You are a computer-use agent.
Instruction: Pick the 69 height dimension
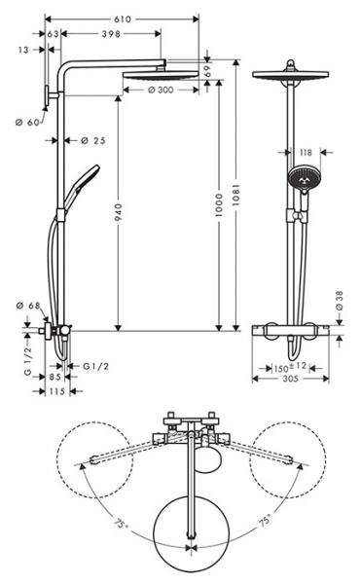tap(207, 75)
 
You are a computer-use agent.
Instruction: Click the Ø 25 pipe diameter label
tap(91, 140)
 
